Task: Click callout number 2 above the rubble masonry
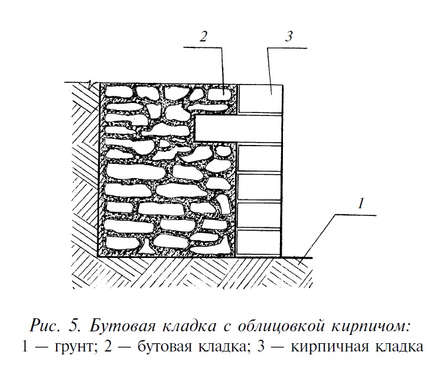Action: [203, 36]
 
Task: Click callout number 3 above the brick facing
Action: [289, 36]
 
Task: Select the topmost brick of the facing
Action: [260, 97]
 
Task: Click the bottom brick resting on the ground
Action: [258, 242]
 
